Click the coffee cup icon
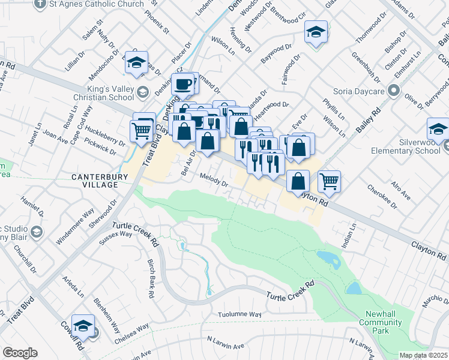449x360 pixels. (x=184, y=83)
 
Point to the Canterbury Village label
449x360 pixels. (x=95, y=181)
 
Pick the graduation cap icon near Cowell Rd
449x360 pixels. (x=83, y=326)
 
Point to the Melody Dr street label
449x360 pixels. (x=214, y=181)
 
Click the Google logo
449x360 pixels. (x=20, y=353)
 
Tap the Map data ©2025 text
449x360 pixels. (x=423, y=355)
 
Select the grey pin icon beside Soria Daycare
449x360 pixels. (x=394, y=91)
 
